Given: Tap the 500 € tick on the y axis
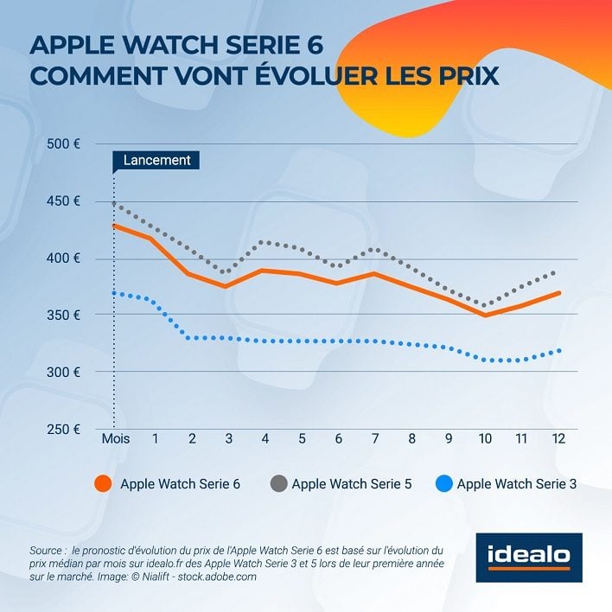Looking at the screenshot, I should [x=62, y=143].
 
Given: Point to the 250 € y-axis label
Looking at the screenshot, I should [x=62, y=430].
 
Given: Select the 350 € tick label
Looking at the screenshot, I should [x=62, y=316].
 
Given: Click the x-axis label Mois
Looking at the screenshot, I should [x=115, y=438].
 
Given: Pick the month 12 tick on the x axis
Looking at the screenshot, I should [x=558, y=438].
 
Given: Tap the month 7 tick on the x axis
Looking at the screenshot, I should [x=374, y=438].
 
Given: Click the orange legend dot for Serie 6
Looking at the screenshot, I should [x=102, y=483].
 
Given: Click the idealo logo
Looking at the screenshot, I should [x=529, y=555].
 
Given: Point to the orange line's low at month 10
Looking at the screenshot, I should [x=485, y=316].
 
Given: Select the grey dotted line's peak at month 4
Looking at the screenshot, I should [x=264, y=242].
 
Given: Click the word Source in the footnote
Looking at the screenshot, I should [x=47, y=550].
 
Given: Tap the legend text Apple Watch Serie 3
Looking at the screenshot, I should [x=516, y=483].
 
